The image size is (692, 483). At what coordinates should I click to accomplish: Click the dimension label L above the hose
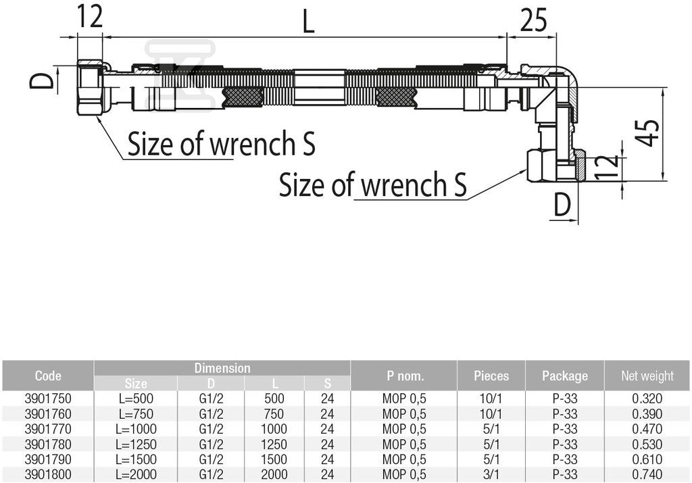click(308, 20)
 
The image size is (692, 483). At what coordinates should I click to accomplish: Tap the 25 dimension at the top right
click(533, 20)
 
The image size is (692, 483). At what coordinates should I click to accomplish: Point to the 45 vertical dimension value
click(647, 132)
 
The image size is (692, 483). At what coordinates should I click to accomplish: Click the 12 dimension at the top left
click(90, 16)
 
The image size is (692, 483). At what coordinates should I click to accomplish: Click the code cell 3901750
click(48, 399)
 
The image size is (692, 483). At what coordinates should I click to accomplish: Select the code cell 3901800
click(48, 474)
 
